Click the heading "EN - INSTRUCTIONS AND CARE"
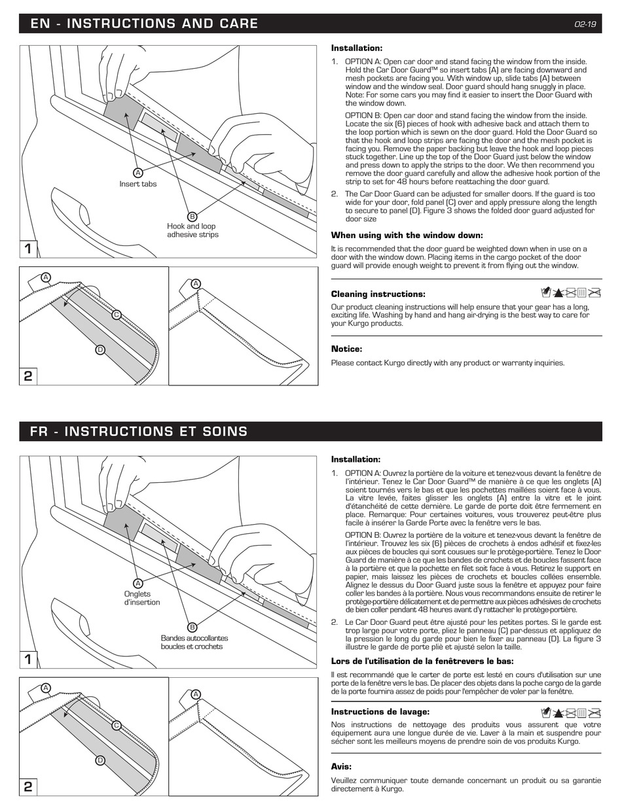(144, 24)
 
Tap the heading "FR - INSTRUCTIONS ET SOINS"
(139, 432)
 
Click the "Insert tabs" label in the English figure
(137, 184)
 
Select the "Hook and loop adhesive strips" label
(192, 230)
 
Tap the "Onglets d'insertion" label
(141, 598)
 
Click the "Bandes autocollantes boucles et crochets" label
(194, 642)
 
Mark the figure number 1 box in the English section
(28, 249)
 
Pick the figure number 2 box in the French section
(28, 786)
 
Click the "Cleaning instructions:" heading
(378, 294)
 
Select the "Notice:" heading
(346, 349)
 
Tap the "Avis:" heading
(341, 766)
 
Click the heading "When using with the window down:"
(407, 236)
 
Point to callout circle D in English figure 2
(100, 349)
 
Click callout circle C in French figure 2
(117, 725)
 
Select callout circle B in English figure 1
(192, 217)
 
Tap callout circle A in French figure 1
(138, 583)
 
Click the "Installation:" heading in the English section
(356, 48)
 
